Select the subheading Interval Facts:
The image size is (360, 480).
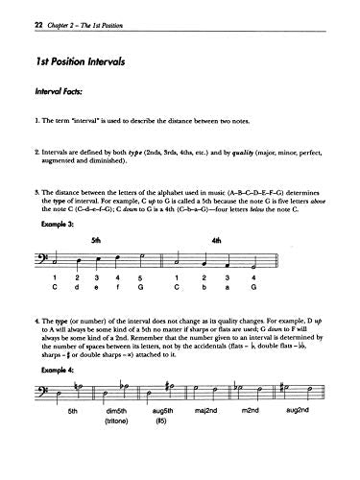[57, 94]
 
